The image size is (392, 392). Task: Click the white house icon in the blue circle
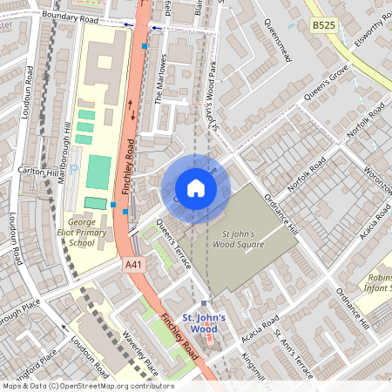coord(196,188)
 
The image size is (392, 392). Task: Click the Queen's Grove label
coord(327,82)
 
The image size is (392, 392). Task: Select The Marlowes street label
coord(160,79)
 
